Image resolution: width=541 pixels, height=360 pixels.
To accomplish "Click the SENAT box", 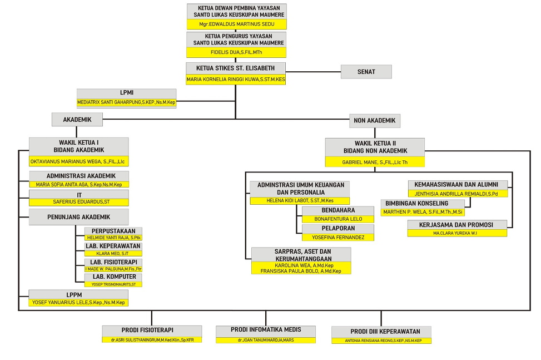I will click(x=366, y=72).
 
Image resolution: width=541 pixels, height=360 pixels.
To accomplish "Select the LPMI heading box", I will click(x=126, y=93).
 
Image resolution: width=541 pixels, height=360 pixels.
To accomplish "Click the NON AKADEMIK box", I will click(x=375, y=120).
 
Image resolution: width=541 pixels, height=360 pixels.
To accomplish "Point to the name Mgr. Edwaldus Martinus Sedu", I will click(x=236, y=24).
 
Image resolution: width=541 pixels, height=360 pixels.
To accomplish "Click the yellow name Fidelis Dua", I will click(x=236, y=52).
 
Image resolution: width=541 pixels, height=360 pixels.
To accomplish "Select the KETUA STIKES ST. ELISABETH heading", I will click(x=236, y=68).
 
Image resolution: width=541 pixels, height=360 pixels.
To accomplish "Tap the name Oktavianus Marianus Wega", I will click(x=79, y=161).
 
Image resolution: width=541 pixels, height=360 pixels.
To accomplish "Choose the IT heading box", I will click(x=79, y=194).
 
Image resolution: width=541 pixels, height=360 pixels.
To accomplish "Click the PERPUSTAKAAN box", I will click(x=113, y=230).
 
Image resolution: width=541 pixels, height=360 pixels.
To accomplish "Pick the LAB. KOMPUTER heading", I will click(x=114, y=277).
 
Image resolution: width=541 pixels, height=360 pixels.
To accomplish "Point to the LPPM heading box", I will click(x=79, y=294).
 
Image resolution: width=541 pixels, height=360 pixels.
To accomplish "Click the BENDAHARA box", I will click(x=338, y=210).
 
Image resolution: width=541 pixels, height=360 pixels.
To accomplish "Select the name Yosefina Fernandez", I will click(x=338, y=238).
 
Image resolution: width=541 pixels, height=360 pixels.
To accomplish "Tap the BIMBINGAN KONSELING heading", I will click(x=417, y=204).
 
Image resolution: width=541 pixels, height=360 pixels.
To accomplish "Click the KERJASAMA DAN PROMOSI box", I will click(x=457, y=225).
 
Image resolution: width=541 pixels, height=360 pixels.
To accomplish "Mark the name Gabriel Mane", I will click(x=375, y=162).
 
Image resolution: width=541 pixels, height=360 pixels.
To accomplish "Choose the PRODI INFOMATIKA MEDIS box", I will click(x=266, y=330).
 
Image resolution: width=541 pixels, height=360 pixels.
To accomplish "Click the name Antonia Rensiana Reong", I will click(x=383, y=341).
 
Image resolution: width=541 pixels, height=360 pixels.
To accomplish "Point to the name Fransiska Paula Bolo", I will click(x=301, y=271).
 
